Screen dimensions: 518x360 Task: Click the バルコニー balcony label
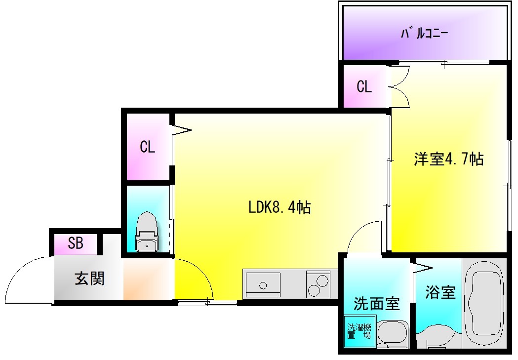tap(424, 34)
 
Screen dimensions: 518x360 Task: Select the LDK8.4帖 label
tap(279, 207)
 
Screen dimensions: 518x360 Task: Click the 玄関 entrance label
tap(89, 279)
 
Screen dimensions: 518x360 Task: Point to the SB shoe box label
tap(76, 243)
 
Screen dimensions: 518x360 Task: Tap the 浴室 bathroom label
tap(440, 292)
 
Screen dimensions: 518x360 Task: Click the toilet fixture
tap(147, 232)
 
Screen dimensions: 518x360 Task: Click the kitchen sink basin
tap(263, 285)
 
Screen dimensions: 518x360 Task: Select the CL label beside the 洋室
tap(364, 87)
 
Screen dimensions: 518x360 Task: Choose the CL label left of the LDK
tap(147, 147)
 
